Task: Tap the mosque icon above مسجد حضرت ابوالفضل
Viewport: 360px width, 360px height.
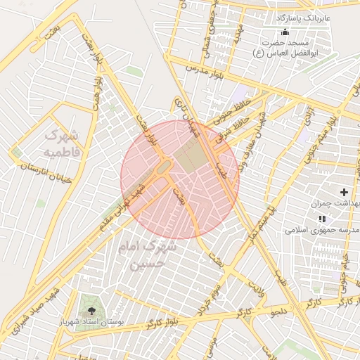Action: [x=285, y=33]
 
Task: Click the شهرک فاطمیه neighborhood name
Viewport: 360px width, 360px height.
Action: [x=62, y=142]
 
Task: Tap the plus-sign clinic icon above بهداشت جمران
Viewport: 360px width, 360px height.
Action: [x=344, y=192]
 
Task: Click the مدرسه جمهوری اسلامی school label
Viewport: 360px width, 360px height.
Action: [x=323, y=230]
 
